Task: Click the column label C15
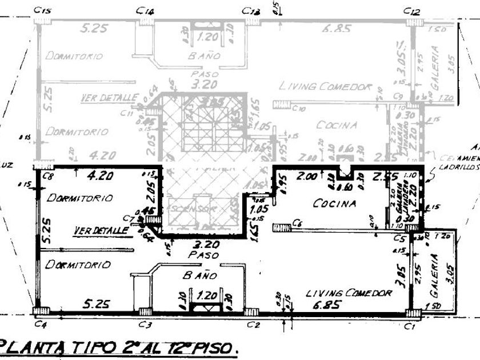pos(42,10)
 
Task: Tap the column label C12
pos(411,11)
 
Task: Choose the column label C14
pos(146,11)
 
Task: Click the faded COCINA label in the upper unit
pos(337,125)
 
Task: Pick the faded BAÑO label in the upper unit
pos(204,56)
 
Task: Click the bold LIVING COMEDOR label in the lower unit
pos(349,293)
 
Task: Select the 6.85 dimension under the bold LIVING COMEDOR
pos(326,304)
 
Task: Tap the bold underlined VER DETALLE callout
pos(101,230)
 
